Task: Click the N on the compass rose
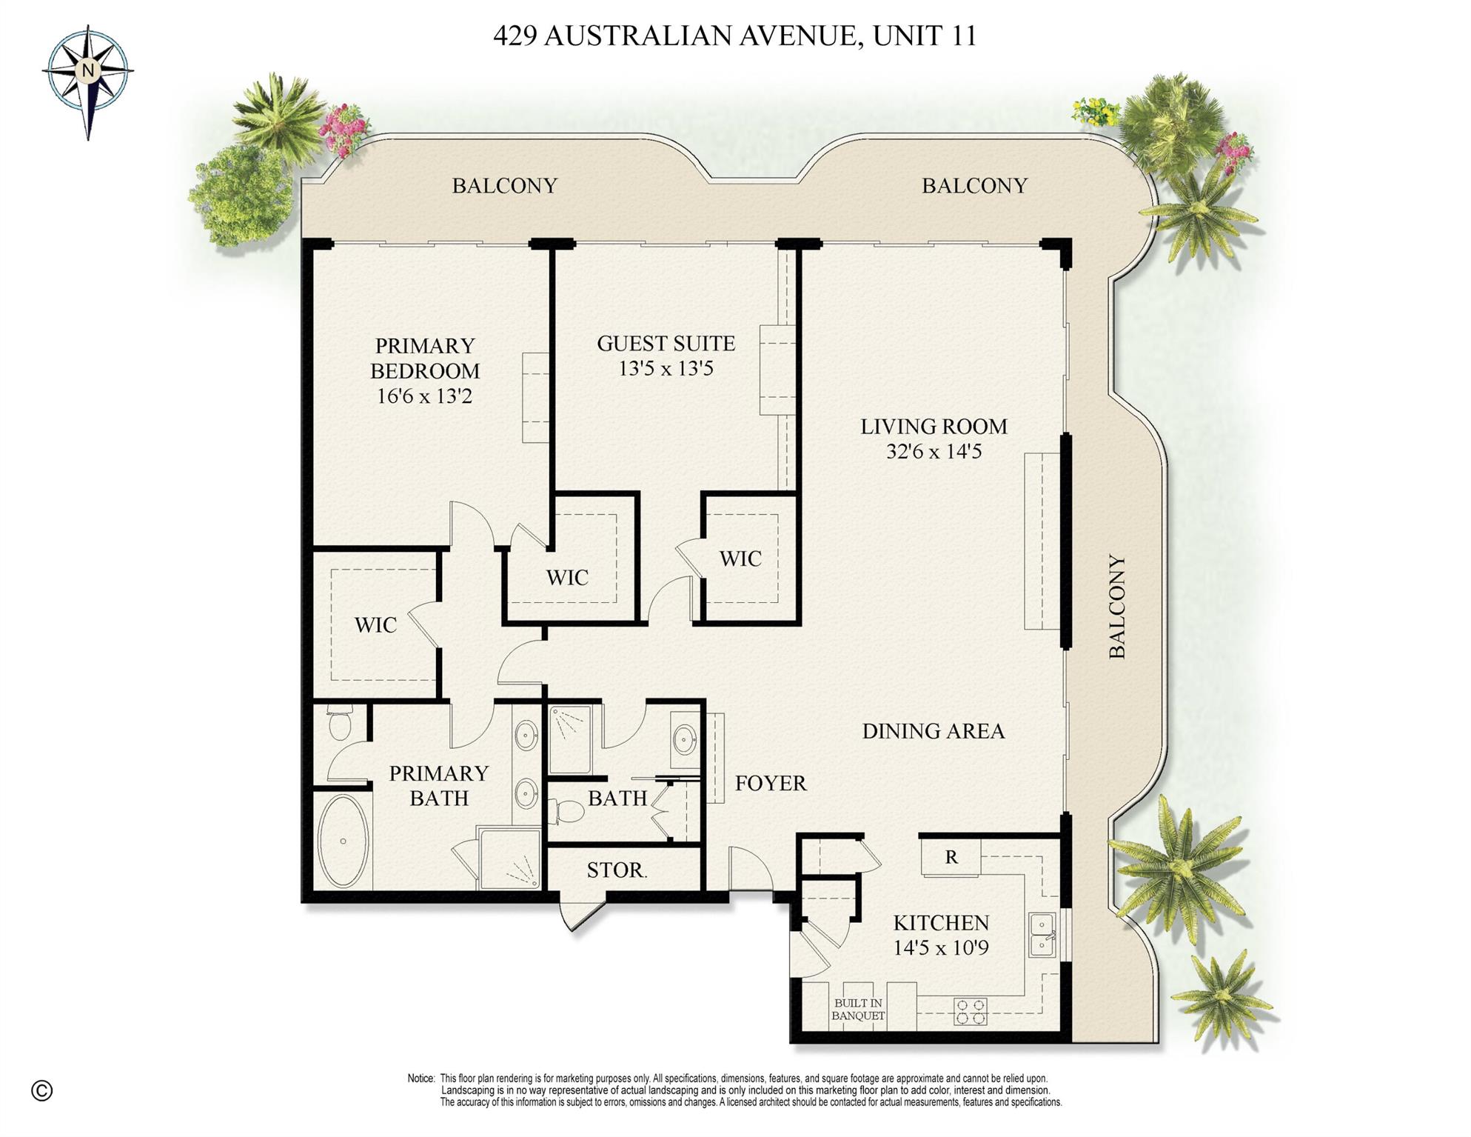click(x=88, y=71)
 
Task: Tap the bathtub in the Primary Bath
click(x=343, y=841)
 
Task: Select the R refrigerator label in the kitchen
click(x=951, y=857)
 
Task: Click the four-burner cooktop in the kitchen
click(x=971, y=1012)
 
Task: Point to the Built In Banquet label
click(x=857, y=1010)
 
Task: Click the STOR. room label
click(x=617, y=870)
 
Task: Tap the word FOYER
click(x=771, y=783)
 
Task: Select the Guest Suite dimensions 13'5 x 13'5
click(x=666, y=368)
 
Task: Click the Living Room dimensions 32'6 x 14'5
click(x=934, y=451)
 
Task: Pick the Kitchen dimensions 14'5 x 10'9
click(x=940, y=947)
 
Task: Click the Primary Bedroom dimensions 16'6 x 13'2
click(x=424, y=396)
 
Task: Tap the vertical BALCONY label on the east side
click(x=1116, y=606)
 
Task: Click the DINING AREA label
click(x=933, y=731)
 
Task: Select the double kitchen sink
click(x=1042, y=936)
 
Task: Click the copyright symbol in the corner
click(x=42, y=1090)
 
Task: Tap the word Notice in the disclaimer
click(x=420, y=1078)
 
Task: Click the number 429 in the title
click(x=515, y=36)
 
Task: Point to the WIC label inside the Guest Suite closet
click(x=740, y=559)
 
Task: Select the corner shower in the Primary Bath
click(x=511, y=859)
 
